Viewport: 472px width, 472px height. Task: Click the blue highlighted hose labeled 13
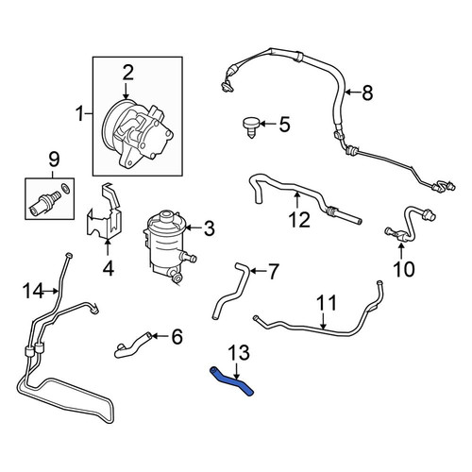tap(231, 380)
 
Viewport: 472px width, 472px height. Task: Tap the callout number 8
tap(367, 93)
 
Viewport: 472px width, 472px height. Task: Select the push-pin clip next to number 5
tap(251, 126)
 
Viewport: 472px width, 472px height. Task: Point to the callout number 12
tap(299, 220)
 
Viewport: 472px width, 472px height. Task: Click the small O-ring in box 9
tap(66, 188)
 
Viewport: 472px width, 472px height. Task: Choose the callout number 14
tap(33, 291)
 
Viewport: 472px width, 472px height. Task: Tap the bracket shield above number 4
tap(104, 211)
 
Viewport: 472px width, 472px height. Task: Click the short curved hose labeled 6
tap(133, 346)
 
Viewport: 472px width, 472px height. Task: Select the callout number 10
tap(404, 269)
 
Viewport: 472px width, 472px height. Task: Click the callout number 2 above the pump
tap(128, 73)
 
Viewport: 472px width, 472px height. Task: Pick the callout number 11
tap(327, 302)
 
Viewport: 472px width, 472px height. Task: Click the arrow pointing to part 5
tap(268, 124)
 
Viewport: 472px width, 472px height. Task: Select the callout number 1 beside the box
tap(80, 113)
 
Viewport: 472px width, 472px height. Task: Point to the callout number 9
tap(54, 160)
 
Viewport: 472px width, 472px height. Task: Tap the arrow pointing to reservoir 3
tap(194, 228)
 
